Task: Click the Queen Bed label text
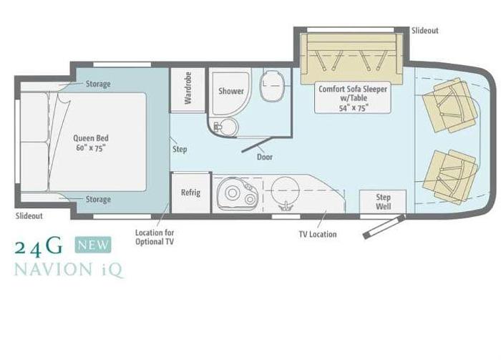coord(91,143)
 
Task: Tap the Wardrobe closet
coord(188,89)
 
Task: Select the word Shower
coord(231,91)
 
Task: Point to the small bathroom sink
coord(227,127)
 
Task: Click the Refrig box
coord(191,193)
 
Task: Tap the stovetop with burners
coord(237,193)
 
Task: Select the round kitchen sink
coord(285,191)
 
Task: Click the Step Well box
coord(383,202)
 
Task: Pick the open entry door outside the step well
coord(384,226)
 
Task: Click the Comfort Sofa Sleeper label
coord(353,98)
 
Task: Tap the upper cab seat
coord(449,104)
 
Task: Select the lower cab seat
coord(450,177)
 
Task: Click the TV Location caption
coord(318,234)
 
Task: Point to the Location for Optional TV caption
coord(155,237)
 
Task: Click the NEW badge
coord(93,245)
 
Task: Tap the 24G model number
coord(39,246)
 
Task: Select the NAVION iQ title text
coord(69,270)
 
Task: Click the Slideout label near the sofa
coord(425,31)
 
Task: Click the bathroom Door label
coord(265,157)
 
